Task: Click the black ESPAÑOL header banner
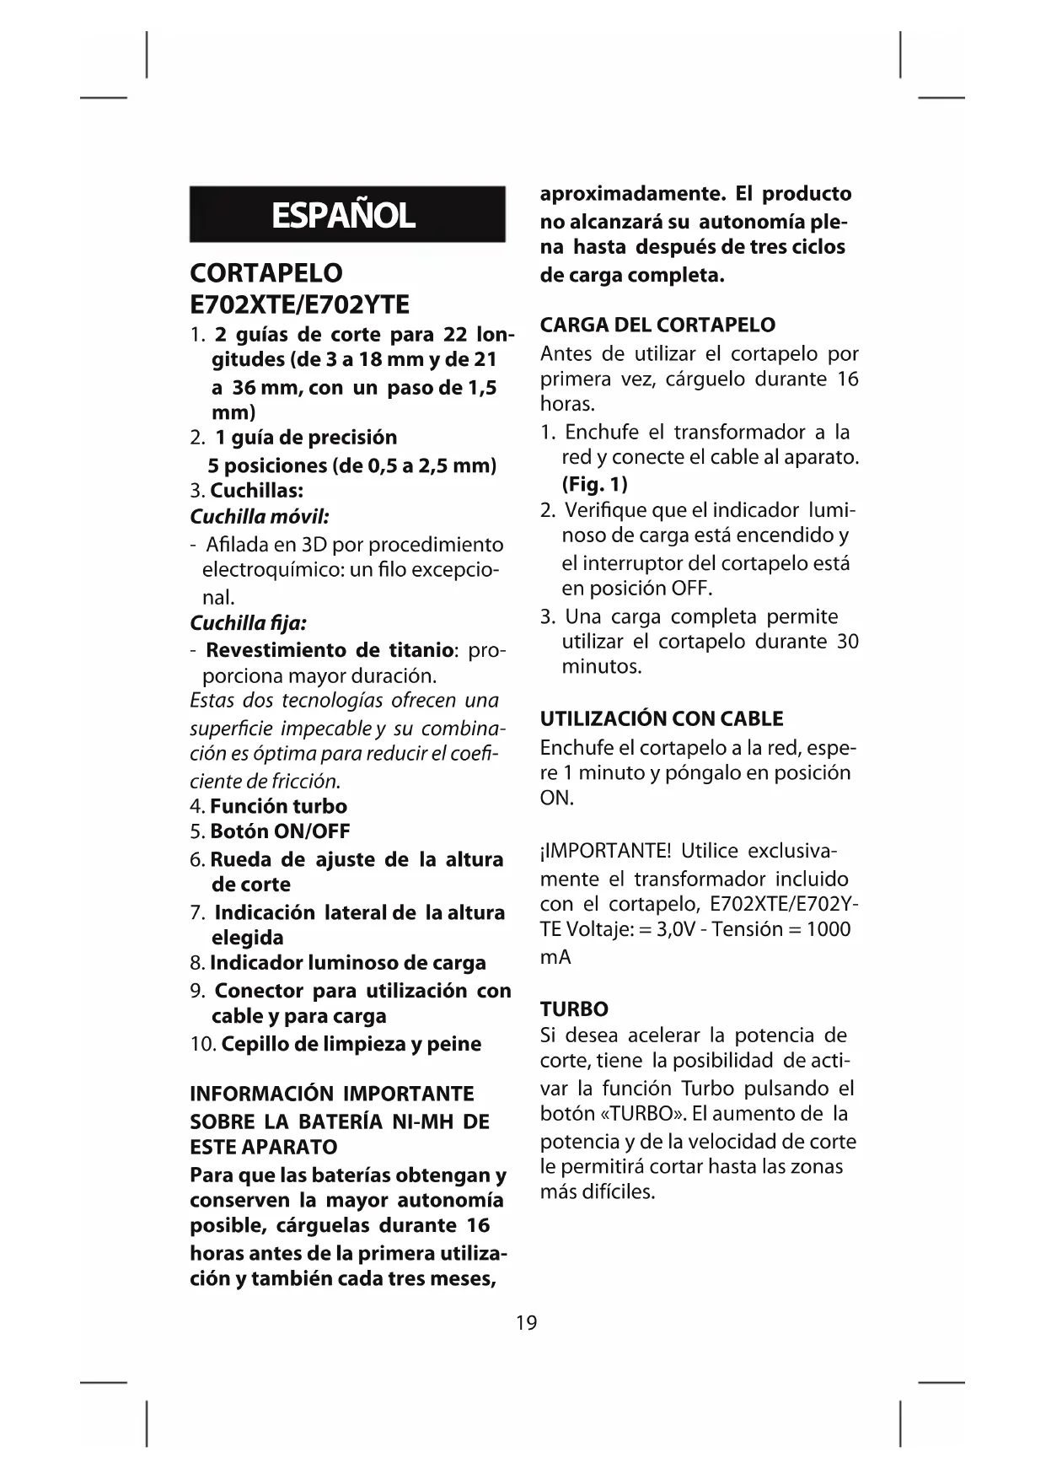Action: [346, 214]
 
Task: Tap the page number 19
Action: [526, 1322]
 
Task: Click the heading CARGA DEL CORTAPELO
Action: [657, 325]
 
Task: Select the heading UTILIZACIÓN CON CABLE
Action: [662, 718]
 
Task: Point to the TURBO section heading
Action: [574, 1008]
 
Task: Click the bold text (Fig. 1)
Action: [595, 484]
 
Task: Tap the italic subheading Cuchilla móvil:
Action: [260, 516]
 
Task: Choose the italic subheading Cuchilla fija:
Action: [248, 622]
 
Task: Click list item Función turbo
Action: [278, 805]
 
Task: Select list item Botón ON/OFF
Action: [280, 831]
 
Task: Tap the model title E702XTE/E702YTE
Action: [299, 304]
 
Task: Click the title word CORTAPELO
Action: [266, 272]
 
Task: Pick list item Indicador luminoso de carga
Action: [347, 962]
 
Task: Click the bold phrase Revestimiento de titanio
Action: [330, 650]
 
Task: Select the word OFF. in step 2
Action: [691, 588]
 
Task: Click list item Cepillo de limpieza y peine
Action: [351, 1043]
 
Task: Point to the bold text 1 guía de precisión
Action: [305, 437]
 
